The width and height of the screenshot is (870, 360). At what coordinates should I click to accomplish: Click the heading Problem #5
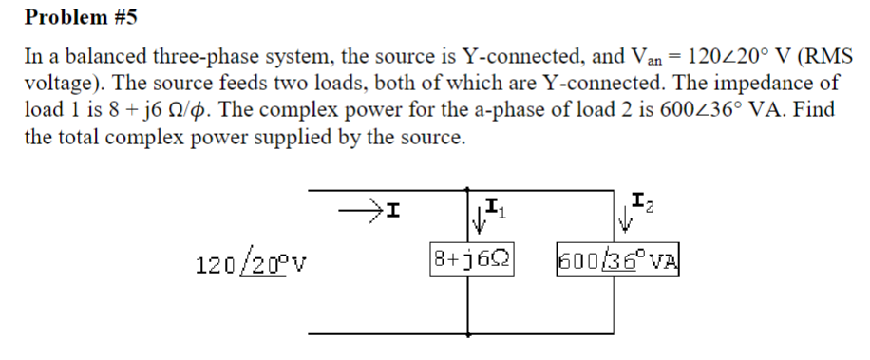tap(73, 17)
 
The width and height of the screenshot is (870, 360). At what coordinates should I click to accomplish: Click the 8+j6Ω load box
tap(471, 257)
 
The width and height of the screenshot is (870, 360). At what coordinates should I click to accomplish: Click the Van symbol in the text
tap(680, 57)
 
